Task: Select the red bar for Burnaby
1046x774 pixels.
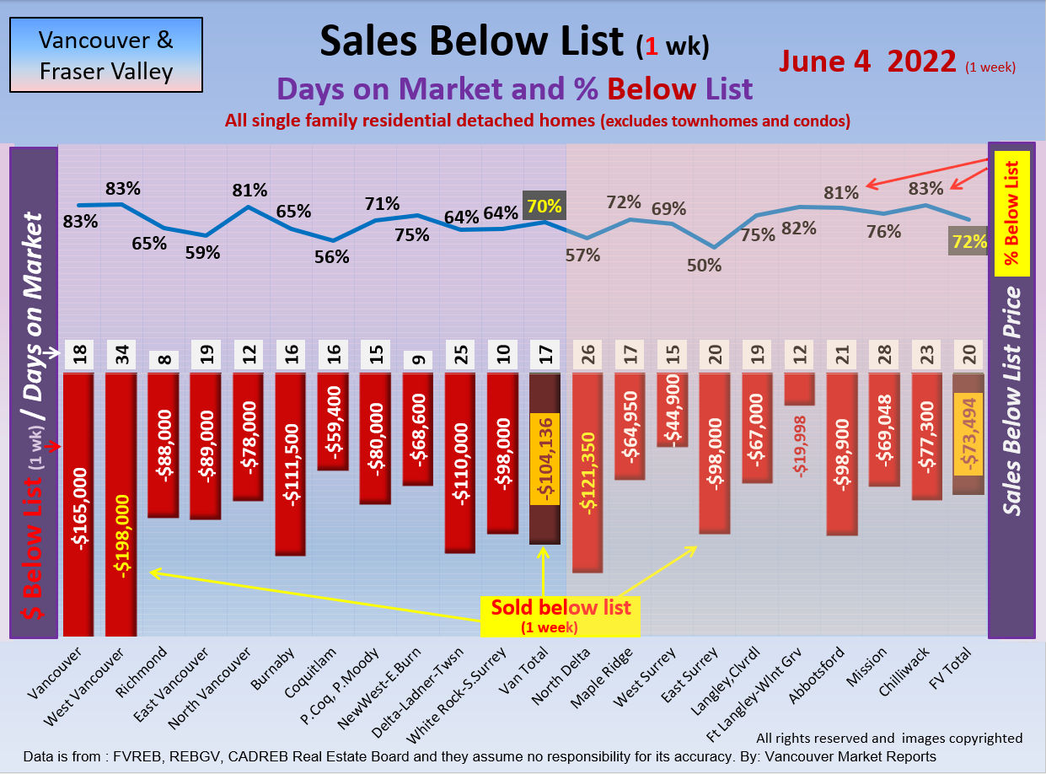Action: click(x=290, y=464)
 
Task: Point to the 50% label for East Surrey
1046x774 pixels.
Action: click(x=704, y=265)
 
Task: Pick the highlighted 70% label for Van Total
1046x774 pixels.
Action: click(x=544, y=206)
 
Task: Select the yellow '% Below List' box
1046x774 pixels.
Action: click(x=1011, y=214)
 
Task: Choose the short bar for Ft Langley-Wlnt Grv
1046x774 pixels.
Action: click(x=800, y=389)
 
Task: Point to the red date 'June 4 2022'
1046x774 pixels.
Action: click(x=866, y=61)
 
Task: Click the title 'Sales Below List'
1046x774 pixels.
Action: click(x=472, y=40)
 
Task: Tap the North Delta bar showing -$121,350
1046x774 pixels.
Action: click(x=587, y=472)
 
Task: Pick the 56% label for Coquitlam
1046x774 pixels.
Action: click(x=332, y=257)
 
